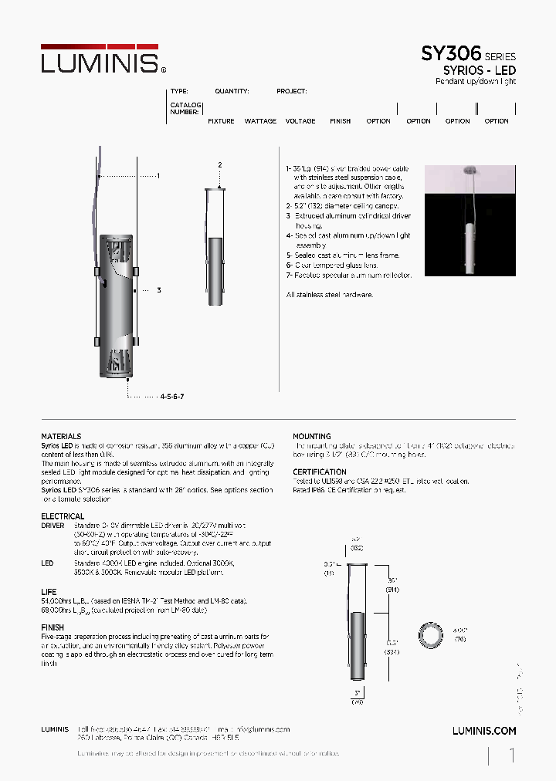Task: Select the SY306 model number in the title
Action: [451, 54]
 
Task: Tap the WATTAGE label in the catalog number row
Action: [260, 121]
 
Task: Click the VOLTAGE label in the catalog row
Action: [300, 121]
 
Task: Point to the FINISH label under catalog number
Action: [340, 121]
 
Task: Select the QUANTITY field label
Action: [232, 91]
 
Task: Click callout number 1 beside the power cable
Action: [158, 176]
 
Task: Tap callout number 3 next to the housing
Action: [158, 290]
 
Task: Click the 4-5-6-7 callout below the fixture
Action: [172, 396]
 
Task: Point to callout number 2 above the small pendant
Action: [220, 165]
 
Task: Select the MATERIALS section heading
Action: [61, 437]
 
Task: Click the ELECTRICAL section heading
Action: [63, 516]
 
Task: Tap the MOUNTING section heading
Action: [312, 437]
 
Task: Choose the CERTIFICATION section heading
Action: [320, 472]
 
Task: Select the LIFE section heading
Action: [49, 592]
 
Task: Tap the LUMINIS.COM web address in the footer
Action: [483, 730]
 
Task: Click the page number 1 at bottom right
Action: [511, 756]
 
